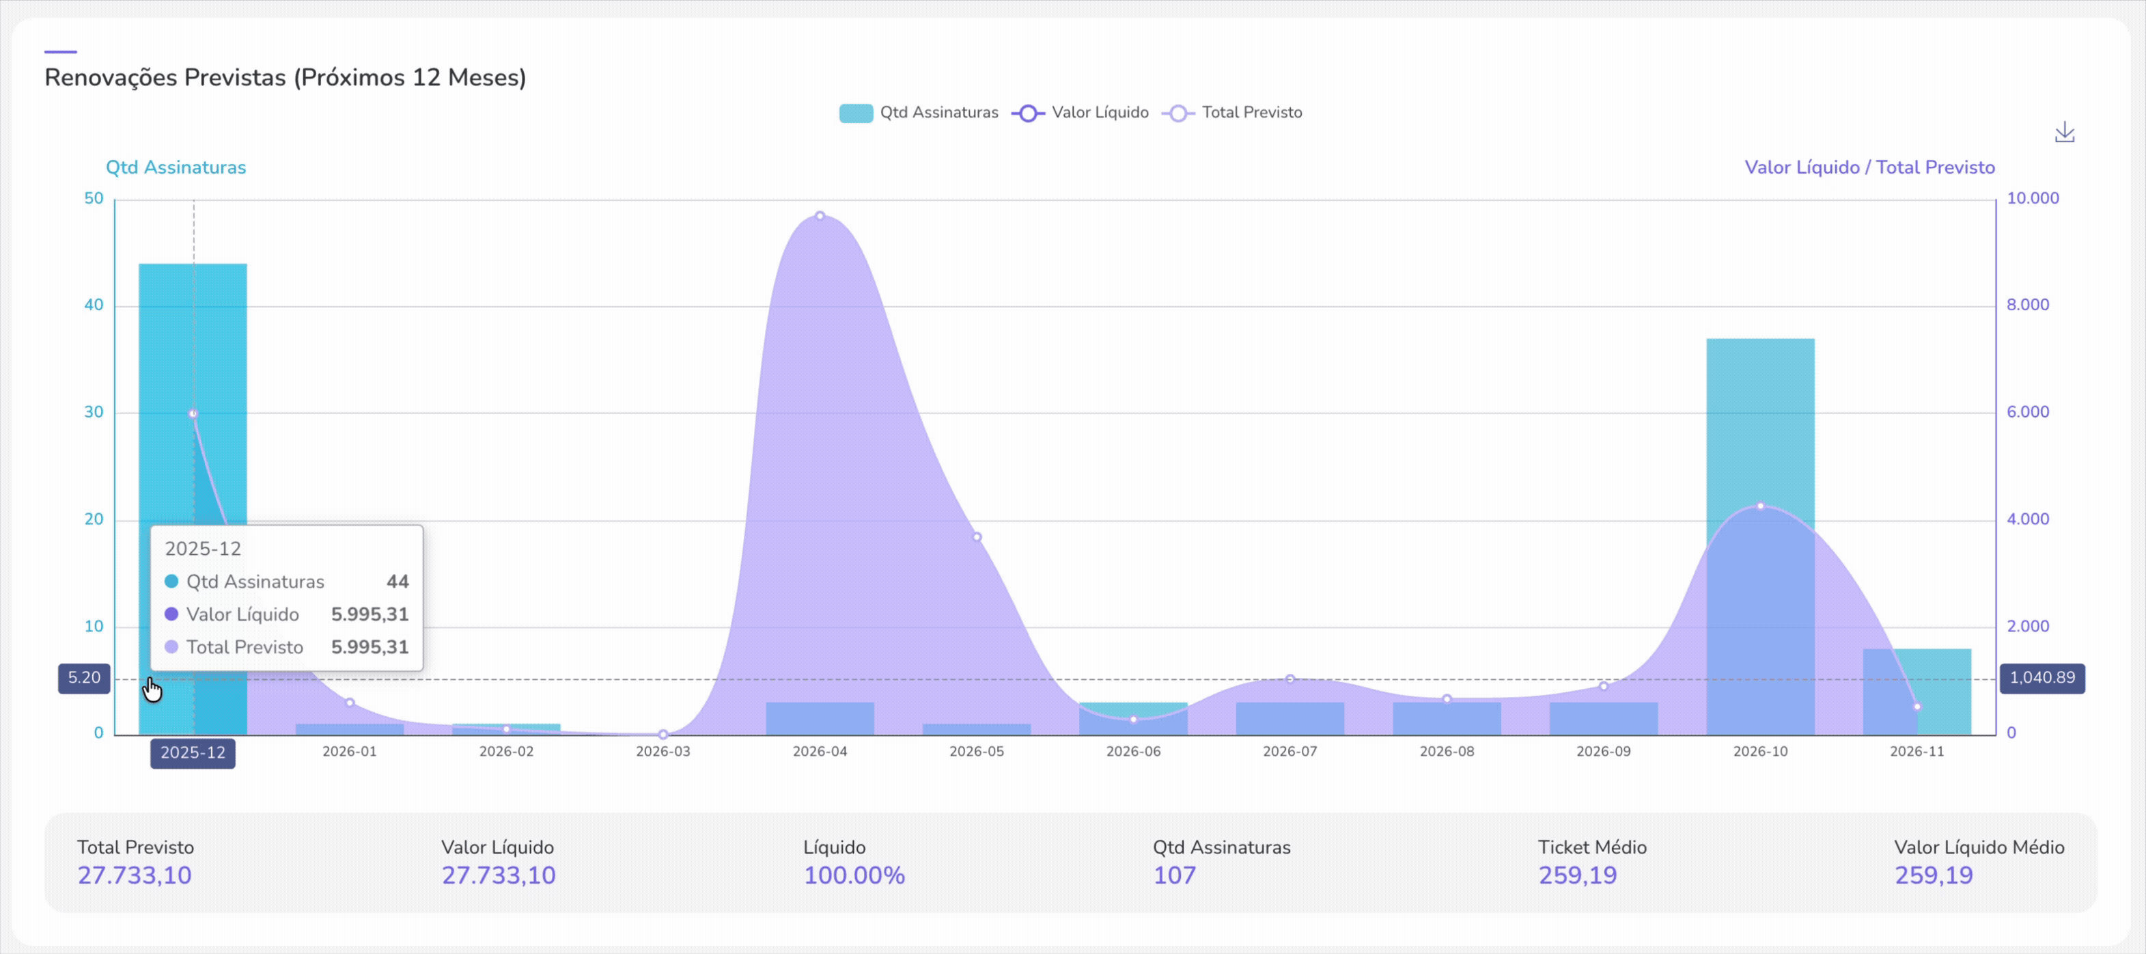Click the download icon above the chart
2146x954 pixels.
(x=2063, y=133)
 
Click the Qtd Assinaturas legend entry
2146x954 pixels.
(x=918, y=113)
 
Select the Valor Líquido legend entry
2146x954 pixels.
(x=1081, y=113)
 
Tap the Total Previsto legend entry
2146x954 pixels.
(x=1232, y=113)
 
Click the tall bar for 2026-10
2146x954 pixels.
(x=1759, y=417)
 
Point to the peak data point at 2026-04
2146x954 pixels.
(x=820, y=216)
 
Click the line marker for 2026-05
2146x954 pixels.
(x=977, y=537)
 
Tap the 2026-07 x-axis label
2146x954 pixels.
(x=1290, y=752)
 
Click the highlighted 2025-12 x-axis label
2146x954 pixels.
(x=193, y=753)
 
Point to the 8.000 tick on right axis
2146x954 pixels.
(x=2027, y=305)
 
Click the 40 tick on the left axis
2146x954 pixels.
(x=94, y=305)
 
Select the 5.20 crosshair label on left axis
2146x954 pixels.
(x=84, y=678)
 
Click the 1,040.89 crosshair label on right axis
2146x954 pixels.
(x=2042, y=678)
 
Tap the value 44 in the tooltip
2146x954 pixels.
(x=398, y=582)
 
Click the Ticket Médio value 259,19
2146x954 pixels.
(x=1577, y=875)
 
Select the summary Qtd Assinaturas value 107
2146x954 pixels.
(x=1174, y=875)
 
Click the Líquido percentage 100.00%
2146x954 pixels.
(x=854, y=875)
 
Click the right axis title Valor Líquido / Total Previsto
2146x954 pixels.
(x=1869, y=167)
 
